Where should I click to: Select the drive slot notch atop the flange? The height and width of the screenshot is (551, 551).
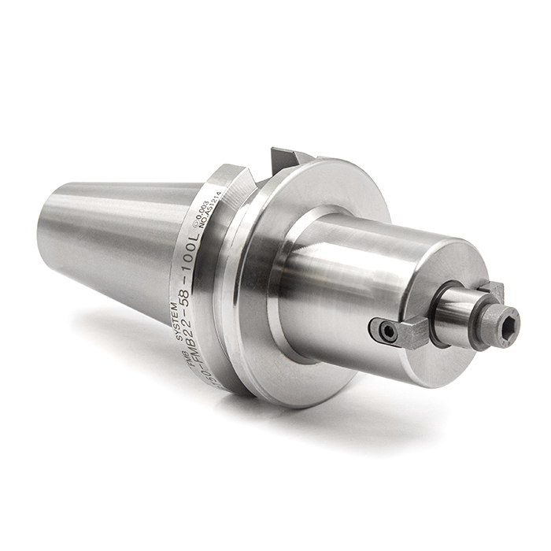[x=287, y=161]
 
